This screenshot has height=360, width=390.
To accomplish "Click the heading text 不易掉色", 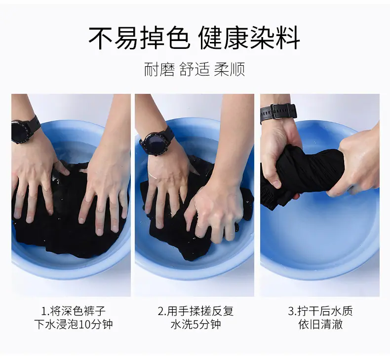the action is (140, 38).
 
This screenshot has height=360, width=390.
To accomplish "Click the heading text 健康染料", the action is (249, 38).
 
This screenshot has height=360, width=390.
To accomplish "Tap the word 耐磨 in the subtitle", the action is (159, 69).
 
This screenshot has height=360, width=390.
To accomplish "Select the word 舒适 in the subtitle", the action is (195, 69).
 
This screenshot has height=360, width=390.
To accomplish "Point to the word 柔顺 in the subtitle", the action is (230, 69).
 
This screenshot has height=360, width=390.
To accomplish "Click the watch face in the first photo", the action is (20, 132).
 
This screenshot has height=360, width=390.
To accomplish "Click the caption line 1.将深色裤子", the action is (74, 311).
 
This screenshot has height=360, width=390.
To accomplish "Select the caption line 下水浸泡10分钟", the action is (74, 324).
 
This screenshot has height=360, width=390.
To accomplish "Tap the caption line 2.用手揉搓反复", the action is (196, 311).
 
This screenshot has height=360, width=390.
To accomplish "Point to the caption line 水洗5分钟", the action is (196, 324).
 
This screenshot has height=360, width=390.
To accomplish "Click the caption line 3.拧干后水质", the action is (320, 311).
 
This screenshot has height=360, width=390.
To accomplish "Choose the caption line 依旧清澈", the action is (320, 324).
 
